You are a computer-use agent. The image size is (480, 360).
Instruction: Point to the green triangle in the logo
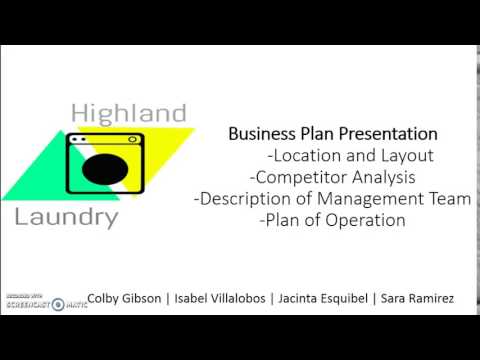[x=30, y=180]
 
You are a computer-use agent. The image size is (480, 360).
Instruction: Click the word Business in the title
[x=259, y=133]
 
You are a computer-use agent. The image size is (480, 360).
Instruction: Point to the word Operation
[x=364, y=221]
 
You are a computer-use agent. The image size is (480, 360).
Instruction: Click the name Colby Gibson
[x=126, y=299]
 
